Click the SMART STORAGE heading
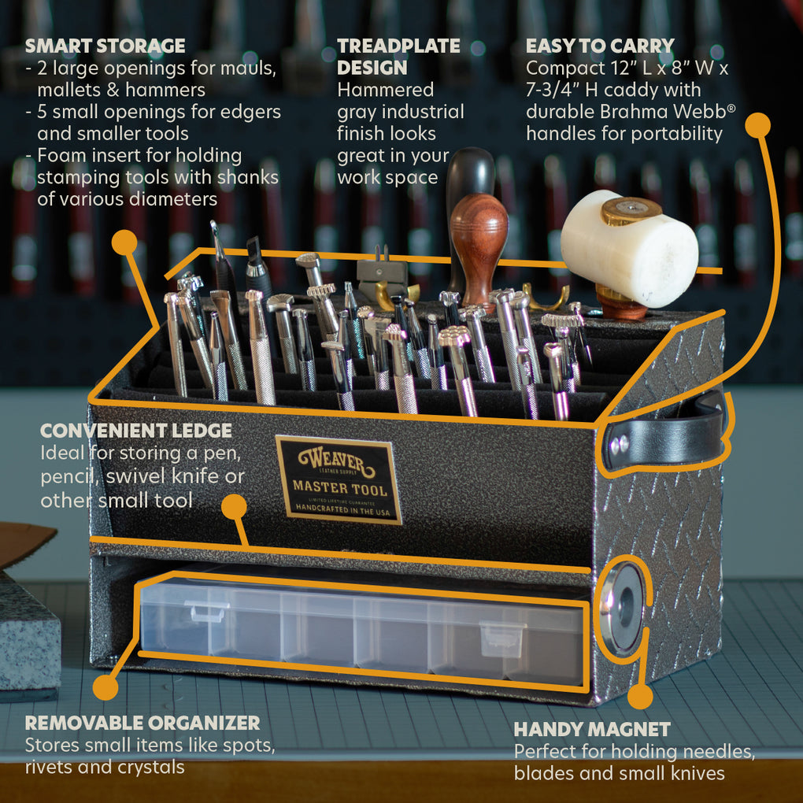[105, 46]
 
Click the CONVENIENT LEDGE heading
[136, 431]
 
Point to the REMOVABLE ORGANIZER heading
[142, 723]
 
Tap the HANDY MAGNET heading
[592, 729]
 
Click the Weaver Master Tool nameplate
[339, 479]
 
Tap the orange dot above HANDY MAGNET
[640, 696]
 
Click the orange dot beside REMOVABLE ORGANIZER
[105, 687]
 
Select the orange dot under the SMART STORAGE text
[124, 242]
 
